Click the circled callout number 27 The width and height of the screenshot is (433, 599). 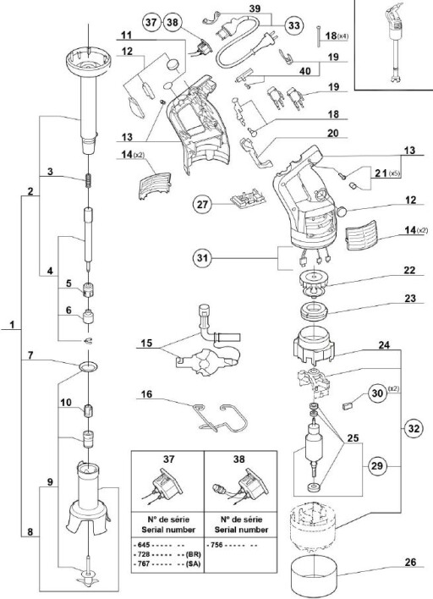coord(202,205)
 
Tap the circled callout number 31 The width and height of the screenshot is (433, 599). coord(202,258)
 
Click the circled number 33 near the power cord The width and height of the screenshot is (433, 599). coord(294,25)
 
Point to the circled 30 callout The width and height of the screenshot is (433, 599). coord(377,393)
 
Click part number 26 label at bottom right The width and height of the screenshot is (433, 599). coord(409,563)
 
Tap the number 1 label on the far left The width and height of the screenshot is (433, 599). coord(12,325)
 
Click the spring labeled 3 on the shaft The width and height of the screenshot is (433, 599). coord(88,179)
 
